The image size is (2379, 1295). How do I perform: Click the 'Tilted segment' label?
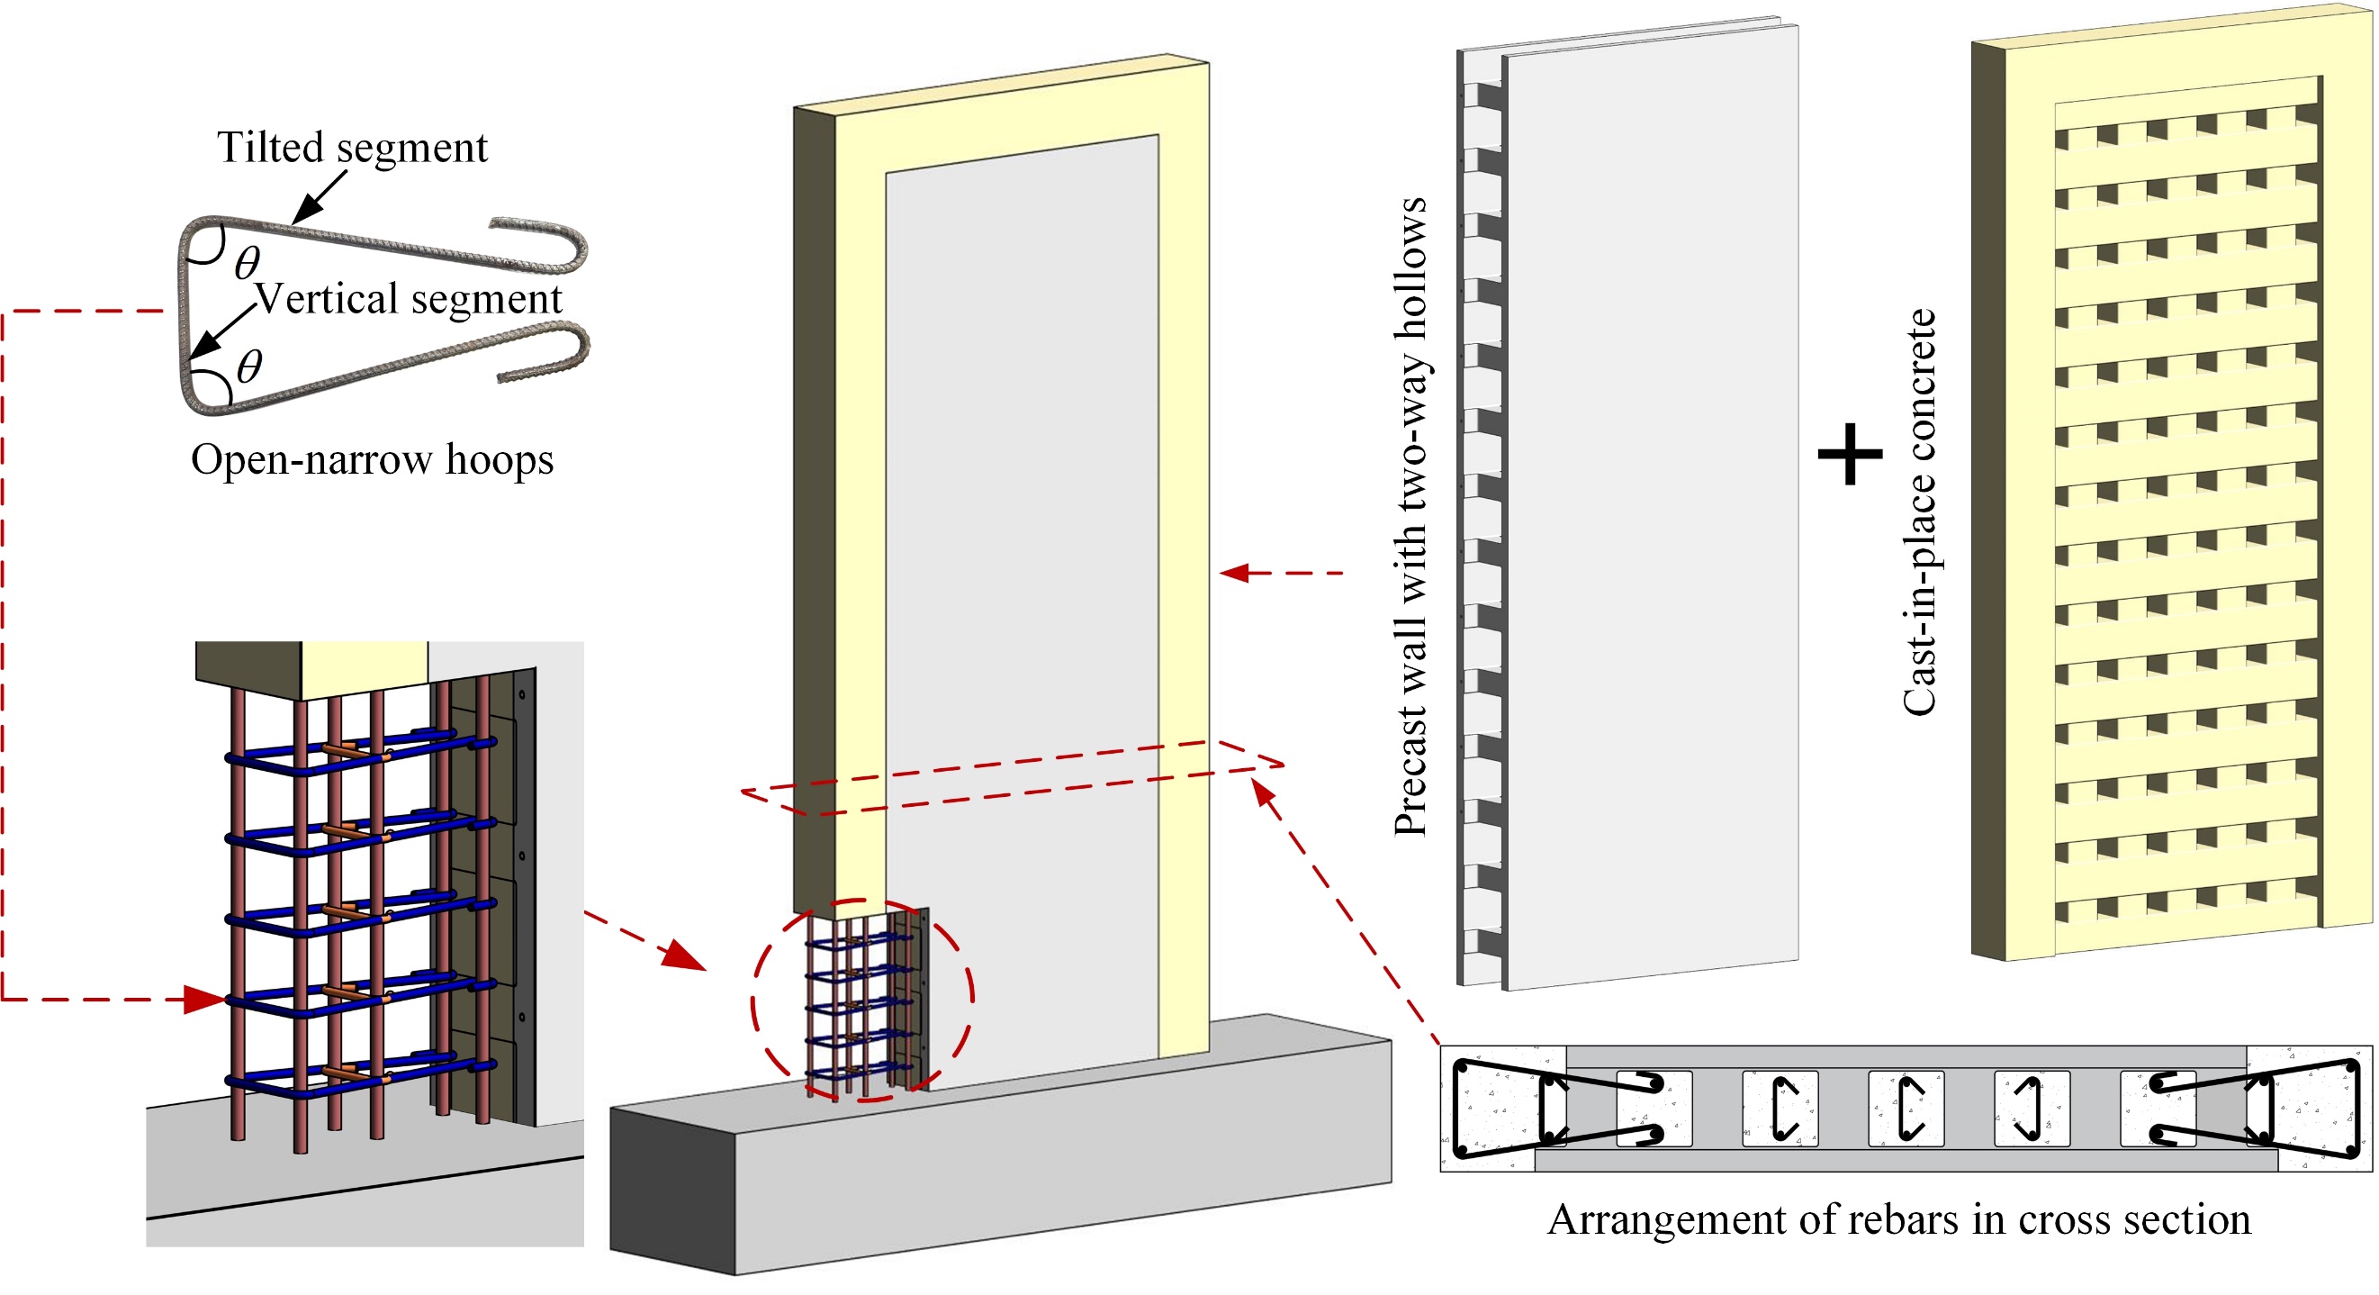352,148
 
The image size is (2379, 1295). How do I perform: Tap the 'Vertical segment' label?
408,299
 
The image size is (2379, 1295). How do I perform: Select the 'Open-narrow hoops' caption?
372,460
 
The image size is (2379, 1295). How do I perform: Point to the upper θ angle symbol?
247,263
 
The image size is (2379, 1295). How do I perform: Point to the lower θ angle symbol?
249,367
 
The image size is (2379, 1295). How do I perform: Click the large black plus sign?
1850,454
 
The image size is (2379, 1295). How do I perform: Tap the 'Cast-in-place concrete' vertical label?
1919,512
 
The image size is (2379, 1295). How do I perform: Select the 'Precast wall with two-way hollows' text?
1410,517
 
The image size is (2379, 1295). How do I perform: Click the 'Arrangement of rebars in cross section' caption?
1898,1219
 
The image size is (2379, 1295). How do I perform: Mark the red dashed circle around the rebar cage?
969,998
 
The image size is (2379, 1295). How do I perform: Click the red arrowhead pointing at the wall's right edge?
1234,574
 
